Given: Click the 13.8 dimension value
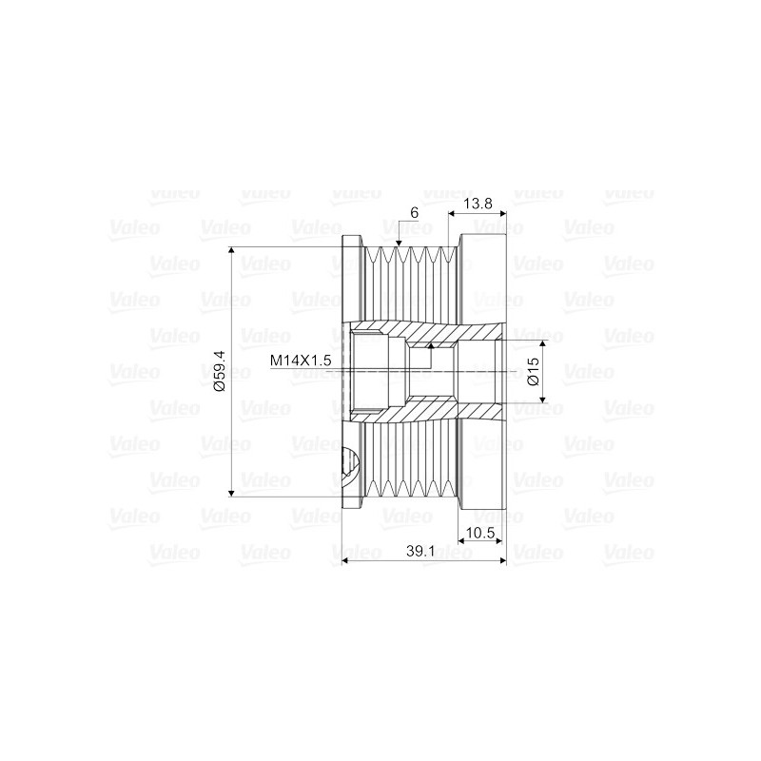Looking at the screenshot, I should (478, 204).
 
